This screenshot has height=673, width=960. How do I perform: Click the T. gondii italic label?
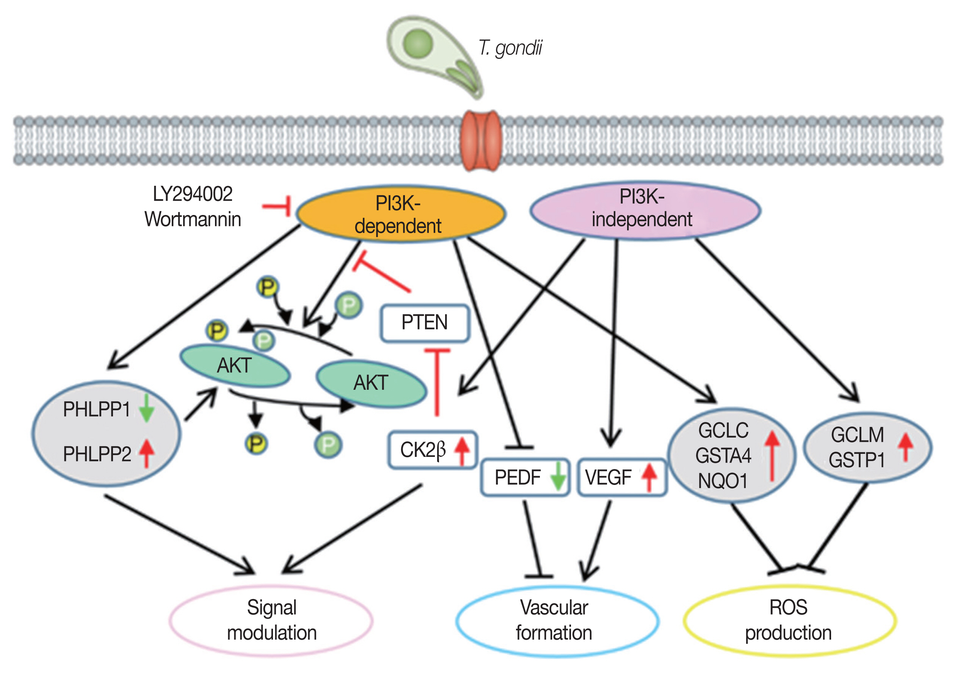point(510,48)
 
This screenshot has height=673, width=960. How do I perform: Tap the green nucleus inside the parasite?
point(418,44)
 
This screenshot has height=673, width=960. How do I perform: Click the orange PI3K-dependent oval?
point(400,214)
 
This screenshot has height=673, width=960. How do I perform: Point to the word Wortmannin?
point(193,220)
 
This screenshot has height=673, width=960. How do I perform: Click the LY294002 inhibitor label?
point(192,194)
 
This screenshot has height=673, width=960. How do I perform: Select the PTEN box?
point(425,323)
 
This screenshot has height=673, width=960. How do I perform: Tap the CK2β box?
point(432,450)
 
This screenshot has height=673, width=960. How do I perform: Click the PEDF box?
point(525,477)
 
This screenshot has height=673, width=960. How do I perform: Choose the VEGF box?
point(621,477)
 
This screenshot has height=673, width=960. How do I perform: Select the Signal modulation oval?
point(271,620)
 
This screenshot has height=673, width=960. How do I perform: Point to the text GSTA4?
point(723,456)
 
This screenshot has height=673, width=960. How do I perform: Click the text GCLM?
point(857,435)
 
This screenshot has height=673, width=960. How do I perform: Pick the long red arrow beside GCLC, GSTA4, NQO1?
point(772,456)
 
